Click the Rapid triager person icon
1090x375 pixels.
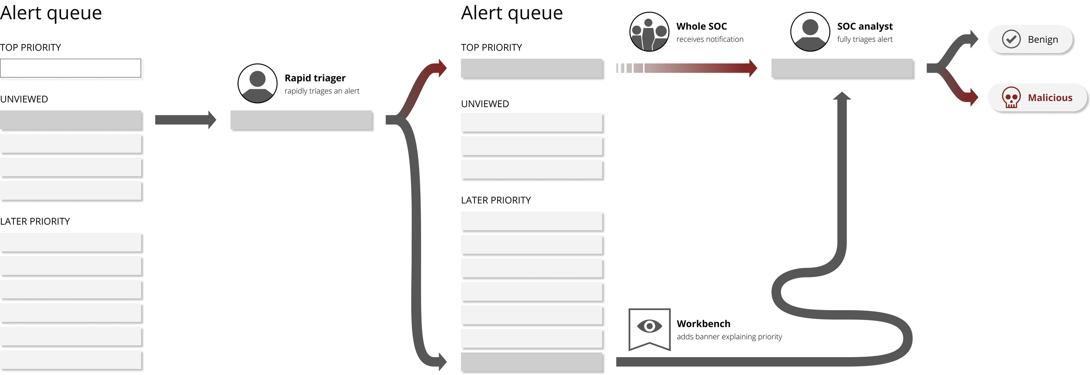(x=257, y=83)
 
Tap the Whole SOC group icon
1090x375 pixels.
(x=649, y=32)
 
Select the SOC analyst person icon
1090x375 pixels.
(x=810, y=32)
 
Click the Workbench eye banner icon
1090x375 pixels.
(x=649, y=328)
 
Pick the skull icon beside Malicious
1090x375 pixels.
(x=1011, y=97)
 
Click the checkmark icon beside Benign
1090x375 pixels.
(x=1011, y=39)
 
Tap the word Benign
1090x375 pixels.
(x=1042, y=40)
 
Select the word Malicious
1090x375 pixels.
(x=1049, y=98)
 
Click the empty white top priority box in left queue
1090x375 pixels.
(x=71, y=68)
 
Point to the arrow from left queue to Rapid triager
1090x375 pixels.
(x=185, y=120)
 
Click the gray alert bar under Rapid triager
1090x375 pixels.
(x=301, y=120)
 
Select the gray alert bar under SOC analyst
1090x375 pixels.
(x=842, y=68)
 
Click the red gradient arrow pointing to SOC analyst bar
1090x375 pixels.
(x=698, y=68)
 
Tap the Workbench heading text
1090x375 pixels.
(x=703, y=324)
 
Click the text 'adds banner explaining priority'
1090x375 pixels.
(x=729, y=337)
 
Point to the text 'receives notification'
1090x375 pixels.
(x=709, y=39)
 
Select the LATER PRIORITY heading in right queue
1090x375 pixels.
(x=496, y=200)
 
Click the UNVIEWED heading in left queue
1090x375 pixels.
(x=24, y=99)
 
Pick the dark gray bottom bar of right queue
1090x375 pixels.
(x=532, y=362)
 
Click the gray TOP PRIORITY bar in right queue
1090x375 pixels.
(x=532, y=68)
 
